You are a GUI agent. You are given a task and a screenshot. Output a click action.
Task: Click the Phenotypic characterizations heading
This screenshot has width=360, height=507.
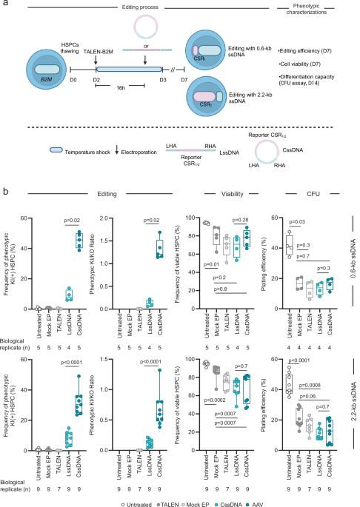324,11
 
